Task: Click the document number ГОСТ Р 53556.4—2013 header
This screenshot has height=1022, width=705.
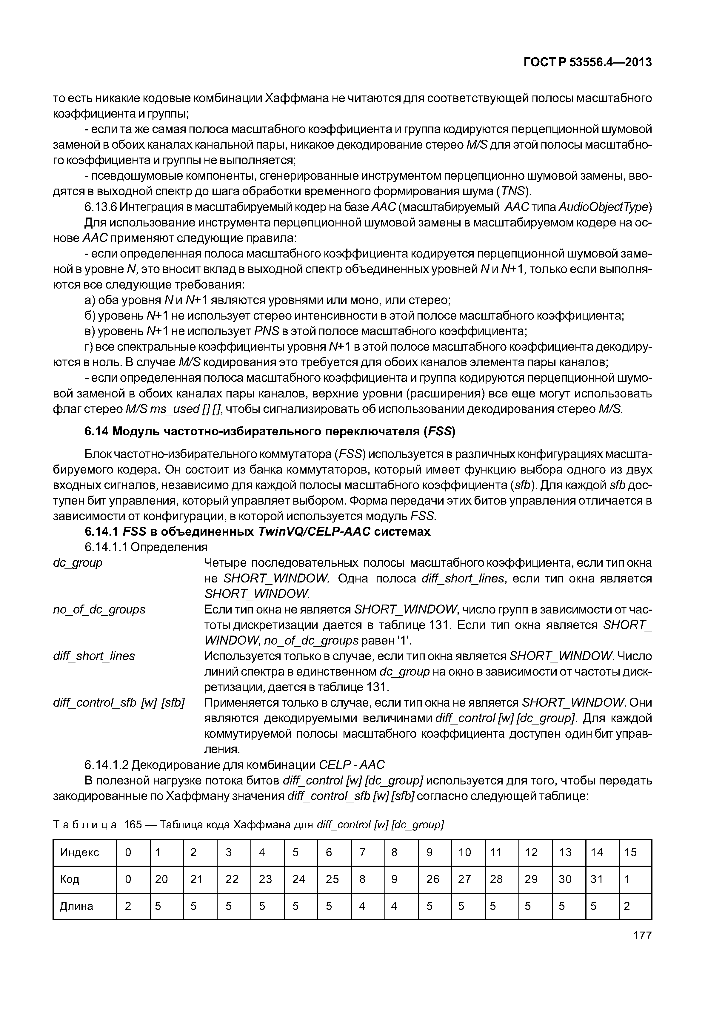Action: click(587, 63)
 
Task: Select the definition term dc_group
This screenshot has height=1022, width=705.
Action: click(78, 563)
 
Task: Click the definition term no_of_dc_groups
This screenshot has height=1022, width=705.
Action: click(99, 610)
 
